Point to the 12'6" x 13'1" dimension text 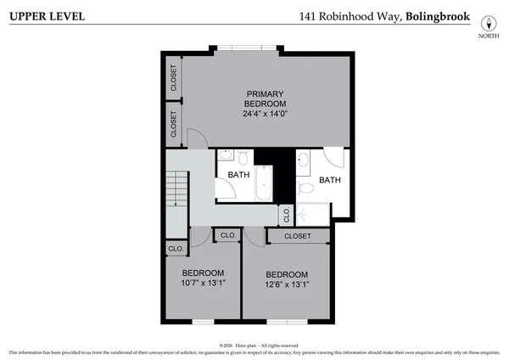click(286, 284)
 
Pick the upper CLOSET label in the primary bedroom click(174, 77)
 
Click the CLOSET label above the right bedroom click(297, 236)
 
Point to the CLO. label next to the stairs click(176, 249)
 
